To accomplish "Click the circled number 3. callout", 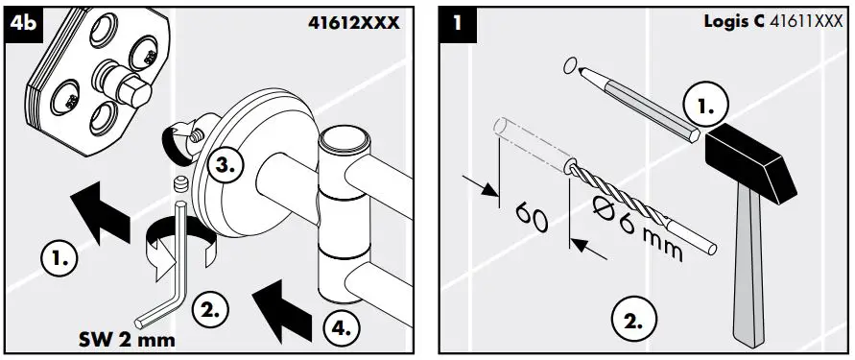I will tap(222, 164).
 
